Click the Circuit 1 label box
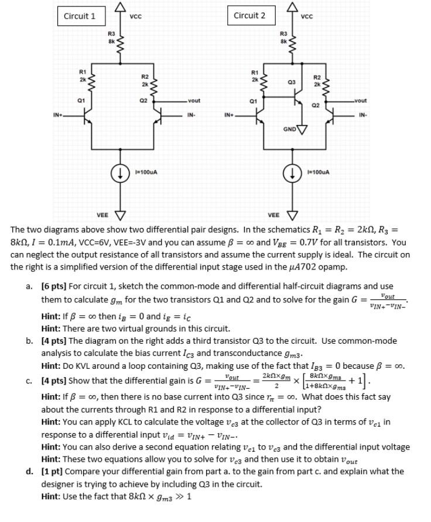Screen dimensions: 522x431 pyautogui.click(x=80, y=16)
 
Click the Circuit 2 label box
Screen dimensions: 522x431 pyautogui.click(x=249, y=15)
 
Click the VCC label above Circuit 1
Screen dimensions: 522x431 pyautogui.click(x=135, y=17)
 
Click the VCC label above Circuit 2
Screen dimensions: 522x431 pyautogui.click(x=307, y=16)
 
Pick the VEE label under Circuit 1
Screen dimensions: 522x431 pyautogui.click(x=102, y=215)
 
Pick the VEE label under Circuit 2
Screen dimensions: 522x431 pyautogui.click(x=273, y=215)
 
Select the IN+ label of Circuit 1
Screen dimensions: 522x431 pyautogui.click(x=59, y=115)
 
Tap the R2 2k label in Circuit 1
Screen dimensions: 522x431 pyautogui.click(x=145, y=80)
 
